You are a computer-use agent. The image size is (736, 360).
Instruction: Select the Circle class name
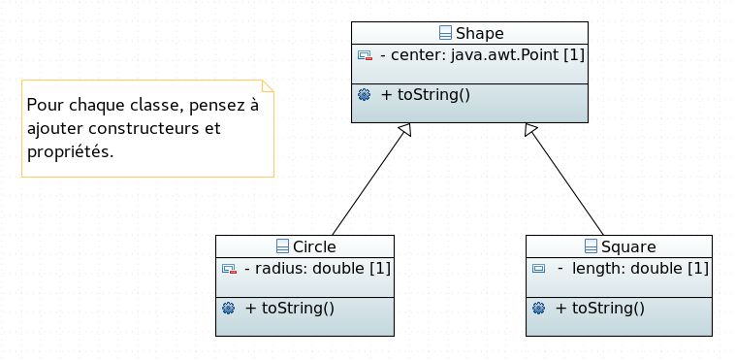point(314,245)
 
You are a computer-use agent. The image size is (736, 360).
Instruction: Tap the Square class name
point(628,245)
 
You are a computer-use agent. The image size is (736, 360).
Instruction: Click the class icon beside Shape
point(445,33)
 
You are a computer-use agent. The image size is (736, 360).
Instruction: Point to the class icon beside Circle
point(283,245)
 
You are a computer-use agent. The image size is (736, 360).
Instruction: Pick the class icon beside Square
point(592,245)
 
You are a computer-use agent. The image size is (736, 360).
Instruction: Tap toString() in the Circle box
point(290,308)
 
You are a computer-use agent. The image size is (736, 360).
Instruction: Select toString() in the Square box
point(600,308)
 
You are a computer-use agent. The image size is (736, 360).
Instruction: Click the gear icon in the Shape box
point(365,94)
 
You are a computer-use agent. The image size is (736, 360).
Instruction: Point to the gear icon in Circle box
point(229,308)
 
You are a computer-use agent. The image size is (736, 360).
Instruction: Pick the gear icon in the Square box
point(539,308)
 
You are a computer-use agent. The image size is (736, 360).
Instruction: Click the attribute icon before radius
point(229,267)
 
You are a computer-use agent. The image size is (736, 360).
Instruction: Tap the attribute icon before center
point(365,55)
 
